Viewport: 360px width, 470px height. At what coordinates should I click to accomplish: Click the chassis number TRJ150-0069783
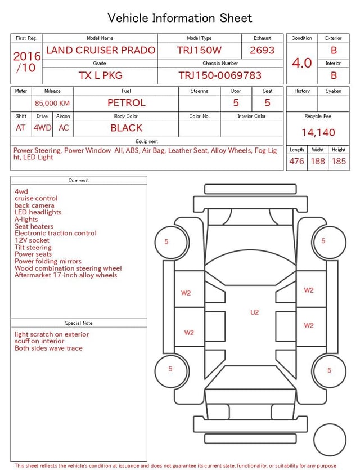(x=220, y=75)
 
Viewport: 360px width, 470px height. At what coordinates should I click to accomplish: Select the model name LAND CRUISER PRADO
(x=101, y=50)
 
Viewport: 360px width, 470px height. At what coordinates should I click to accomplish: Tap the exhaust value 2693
(x=262, y=50)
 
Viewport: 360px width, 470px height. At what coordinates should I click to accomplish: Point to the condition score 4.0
(x=302, y=63)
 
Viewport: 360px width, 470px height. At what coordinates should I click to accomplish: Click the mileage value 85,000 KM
(x=52, y=103)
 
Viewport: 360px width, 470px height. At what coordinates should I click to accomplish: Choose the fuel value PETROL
(x=127, y=103)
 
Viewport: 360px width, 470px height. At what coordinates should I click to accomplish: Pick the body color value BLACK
(x=127, y=128)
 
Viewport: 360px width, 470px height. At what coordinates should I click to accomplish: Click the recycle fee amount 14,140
(x=318, y=132)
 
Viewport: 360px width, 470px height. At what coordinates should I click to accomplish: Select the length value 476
(x=296, y=161)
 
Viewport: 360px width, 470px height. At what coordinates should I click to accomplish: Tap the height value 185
(x=339, y=161)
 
